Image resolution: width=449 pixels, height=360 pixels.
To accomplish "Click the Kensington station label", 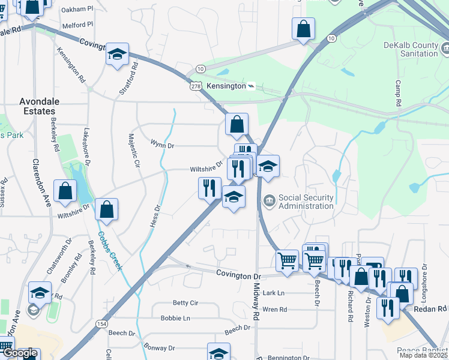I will [226, 86].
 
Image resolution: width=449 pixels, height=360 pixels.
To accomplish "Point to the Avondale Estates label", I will [37, 106].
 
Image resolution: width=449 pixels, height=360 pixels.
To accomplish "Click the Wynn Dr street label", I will [162, 145].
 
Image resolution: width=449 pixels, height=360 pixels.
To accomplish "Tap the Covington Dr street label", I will [240, 275].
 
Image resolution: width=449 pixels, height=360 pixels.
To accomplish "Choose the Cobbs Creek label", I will [110, 251].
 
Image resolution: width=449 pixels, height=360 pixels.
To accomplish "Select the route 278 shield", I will [196, 87].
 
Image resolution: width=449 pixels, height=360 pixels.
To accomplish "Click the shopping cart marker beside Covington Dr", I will [288, 261].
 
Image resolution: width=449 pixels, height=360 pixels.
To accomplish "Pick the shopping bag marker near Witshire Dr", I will [106, 209].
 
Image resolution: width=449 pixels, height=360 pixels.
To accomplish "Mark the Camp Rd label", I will [398, 94].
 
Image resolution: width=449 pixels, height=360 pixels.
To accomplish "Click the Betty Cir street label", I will [185, 303].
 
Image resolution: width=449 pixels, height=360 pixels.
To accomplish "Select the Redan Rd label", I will [430, 308].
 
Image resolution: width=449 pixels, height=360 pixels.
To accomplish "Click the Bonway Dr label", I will [159, 347].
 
